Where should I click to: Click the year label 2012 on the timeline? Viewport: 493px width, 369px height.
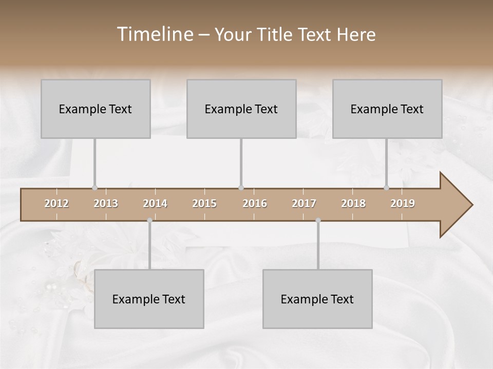click(56, 203)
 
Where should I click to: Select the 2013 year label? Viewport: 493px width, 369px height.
click(106, 203)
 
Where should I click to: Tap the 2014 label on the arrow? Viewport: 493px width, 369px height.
click(155, 203)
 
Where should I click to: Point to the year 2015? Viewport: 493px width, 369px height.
click(204, 203)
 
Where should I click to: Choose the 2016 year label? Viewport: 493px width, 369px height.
click(255, 203)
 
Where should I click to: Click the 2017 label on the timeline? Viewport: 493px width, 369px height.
click(304, 203)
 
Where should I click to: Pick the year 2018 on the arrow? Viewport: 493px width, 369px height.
click(353, 203)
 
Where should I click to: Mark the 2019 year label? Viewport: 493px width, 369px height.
click(403, 203)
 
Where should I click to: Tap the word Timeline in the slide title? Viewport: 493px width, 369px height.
click(154, 34)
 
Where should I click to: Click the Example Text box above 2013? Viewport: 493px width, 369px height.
click(96, 109)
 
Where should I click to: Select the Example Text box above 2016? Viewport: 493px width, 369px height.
click(241, 109)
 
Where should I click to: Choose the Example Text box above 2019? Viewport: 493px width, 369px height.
click(387, 109)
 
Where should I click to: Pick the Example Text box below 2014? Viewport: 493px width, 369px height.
click(149, 299)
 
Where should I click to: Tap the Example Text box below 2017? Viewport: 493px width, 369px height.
click(317, 299)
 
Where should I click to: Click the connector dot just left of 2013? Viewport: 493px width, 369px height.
click(94, 188)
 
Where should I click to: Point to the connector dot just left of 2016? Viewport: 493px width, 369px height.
click(241, 188)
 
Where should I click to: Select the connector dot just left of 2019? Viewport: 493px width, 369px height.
click(387, 188)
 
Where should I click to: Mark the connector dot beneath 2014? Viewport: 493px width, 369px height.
click(149, 220)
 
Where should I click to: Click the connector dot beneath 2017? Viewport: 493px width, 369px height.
click(318, 220)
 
